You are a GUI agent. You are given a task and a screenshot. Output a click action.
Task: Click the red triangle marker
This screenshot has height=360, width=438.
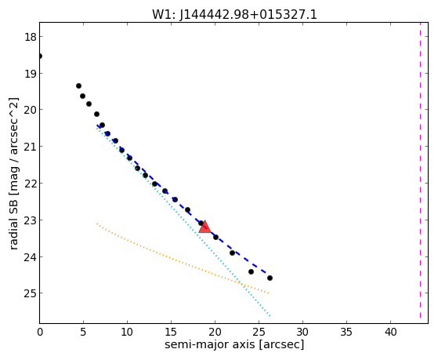click(x=205, y=227)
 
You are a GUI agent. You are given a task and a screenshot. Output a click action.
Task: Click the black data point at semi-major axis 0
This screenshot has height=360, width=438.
click(x=40, y=56)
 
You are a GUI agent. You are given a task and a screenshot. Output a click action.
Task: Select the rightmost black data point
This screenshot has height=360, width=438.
click(x=270, y=278)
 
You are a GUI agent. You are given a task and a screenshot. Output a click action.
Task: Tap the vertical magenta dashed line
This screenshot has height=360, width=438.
click(x=420, y=170)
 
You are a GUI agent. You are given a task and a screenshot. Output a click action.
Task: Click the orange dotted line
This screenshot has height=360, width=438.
click(x=183, y=258)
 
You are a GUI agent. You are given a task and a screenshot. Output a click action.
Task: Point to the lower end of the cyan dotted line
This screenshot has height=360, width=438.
click(x=270, y=316)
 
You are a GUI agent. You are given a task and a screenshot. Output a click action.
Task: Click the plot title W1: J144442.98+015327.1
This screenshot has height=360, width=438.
click(x=234, y=15)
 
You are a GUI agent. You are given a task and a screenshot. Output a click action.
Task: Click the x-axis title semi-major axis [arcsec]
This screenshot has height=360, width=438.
click(x=234, y=344)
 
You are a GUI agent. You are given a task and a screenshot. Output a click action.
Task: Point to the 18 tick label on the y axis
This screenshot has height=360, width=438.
click(x=30, y=37)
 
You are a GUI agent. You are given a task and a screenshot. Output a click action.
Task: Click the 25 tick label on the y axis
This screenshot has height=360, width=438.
click(x=30, y=293)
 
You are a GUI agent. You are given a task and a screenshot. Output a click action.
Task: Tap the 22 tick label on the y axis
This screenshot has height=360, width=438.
click(x=30, y=184)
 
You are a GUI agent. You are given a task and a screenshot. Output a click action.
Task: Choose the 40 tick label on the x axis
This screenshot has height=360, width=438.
click(x=390, y=332)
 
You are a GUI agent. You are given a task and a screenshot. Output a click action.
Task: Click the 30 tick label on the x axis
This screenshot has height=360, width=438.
click(x=302, y=332)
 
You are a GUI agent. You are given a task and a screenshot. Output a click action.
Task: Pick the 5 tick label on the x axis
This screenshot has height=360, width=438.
click(x=83, y=332)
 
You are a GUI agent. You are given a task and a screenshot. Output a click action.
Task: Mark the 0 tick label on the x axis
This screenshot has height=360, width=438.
click(x=40, y=332)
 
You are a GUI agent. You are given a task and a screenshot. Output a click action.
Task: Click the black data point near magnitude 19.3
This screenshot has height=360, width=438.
click(x=79, y=85)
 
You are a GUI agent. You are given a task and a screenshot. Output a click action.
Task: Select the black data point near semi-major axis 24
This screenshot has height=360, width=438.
click(x=251, y=271)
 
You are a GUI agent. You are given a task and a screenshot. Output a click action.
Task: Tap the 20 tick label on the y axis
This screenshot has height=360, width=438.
click(x=30, y=110)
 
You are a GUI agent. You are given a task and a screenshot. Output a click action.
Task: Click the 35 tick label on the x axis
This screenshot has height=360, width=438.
click(x=346, y=332)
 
